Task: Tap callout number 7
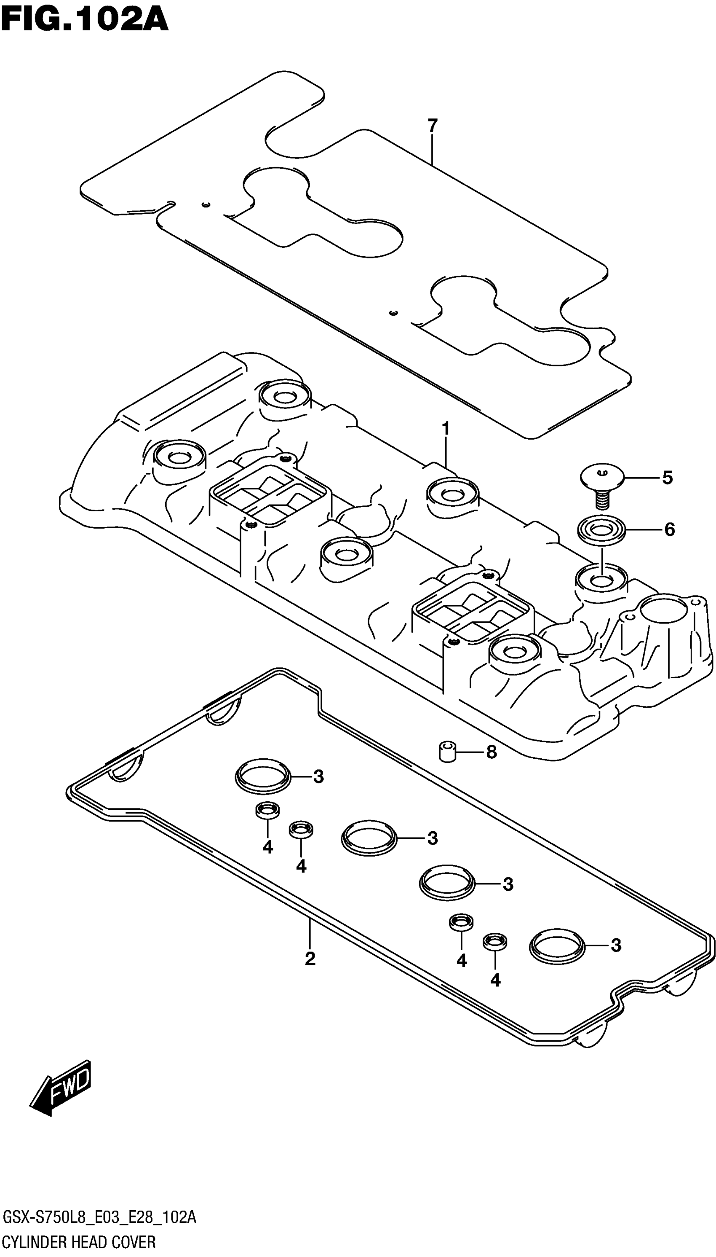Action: click(x=432, y=126)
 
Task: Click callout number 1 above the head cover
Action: click(x=446, y=429)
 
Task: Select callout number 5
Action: click(x=667, y=478)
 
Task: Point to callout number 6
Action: click(x=669, y=529)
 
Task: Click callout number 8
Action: click(x=491, y=752)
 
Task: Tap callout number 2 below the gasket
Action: click(x=310, y=958)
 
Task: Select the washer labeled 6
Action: click(x=601, y=530)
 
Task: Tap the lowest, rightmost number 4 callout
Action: click(x=495, y=980)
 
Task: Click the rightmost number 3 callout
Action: click(x=616, y=945)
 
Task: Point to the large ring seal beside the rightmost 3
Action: click(x=557, y=945)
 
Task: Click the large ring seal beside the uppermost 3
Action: click(x=263, y=776)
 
